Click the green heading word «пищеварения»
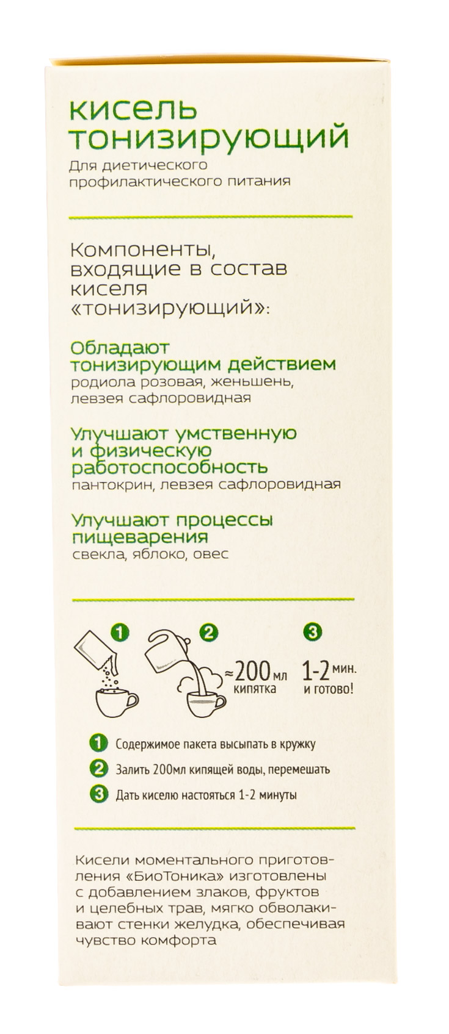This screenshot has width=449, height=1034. [140, 537]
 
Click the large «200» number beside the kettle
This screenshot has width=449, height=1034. [250, 672]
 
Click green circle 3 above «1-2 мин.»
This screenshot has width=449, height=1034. [312, 633]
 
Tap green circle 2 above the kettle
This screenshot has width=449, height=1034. [210, 633]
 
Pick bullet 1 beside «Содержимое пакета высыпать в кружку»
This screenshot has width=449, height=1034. [97, 744]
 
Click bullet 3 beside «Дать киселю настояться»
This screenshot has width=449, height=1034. [97, 794]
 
